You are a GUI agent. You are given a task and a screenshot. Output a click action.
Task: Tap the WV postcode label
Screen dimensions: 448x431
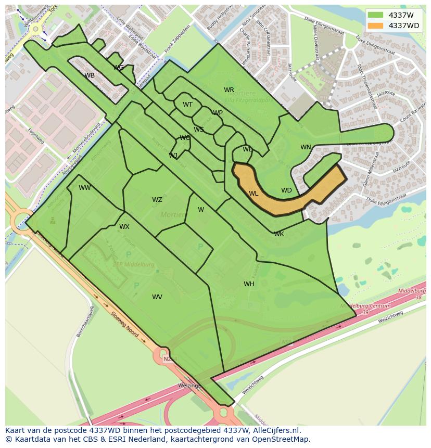click(x=157, y=297)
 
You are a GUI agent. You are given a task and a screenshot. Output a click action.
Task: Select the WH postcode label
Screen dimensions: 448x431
click(x=249, y=284)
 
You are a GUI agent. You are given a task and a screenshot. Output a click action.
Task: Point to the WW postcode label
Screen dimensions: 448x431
click(x=85, y=188)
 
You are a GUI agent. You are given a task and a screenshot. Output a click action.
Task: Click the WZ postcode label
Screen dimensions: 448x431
click(x=157, y=200)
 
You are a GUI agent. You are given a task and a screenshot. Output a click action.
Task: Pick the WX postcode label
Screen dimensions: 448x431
click(x=124, y=227)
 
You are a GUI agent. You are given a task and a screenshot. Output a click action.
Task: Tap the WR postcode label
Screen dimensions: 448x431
click(x=229, y=90)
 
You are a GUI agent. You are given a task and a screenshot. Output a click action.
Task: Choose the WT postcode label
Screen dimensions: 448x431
click(x=187, y=105)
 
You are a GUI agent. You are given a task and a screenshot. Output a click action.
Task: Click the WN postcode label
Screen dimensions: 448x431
click(x=306, y=147)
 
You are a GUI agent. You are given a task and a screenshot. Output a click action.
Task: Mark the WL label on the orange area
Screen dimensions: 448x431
click(x=253, y=194)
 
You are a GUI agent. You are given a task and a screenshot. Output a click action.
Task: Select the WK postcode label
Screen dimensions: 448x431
click(x=279, y=234)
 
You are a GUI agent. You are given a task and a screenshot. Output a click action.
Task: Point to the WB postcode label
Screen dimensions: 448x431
click(x=90, y=75)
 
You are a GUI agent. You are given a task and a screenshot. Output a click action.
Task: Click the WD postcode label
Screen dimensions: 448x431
click(x=286, y=190)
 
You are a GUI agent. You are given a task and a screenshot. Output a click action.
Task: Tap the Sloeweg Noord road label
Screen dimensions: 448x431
click(x=125, y=324)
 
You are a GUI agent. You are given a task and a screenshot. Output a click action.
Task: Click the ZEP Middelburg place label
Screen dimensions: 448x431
click(x=134, y=264)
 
